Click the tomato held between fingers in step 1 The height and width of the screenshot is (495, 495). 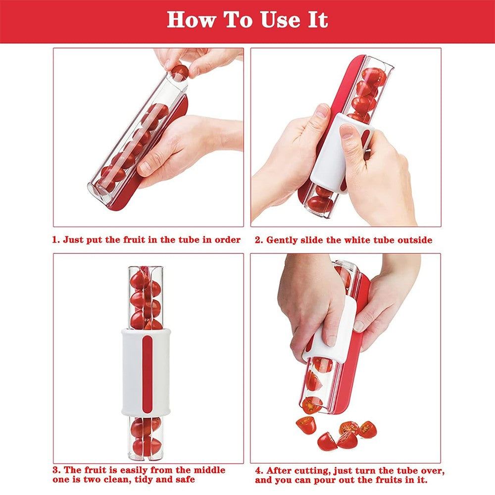click(180, 72)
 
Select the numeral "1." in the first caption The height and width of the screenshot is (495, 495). click(57, 240)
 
